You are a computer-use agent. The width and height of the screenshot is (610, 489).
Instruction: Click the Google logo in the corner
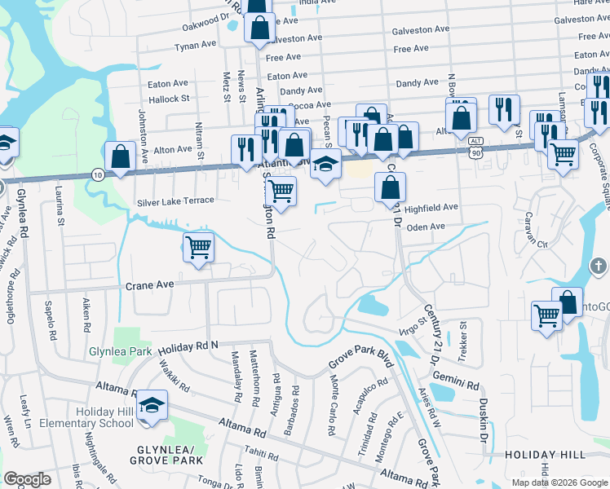[27, 479]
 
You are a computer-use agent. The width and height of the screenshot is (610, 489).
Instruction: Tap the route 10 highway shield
[97, 175]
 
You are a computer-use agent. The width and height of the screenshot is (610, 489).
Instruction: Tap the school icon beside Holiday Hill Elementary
[152, 407]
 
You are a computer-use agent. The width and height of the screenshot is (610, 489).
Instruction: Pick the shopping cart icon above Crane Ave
[199, 247]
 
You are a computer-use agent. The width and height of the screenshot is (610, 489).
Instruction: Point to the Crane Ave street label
[150, 286]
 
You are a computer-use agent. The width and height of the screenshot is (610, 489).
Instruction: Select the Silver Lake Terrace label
[175, 200]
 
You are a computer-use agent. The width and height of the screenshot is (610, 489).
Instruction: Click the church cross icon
[598, 266]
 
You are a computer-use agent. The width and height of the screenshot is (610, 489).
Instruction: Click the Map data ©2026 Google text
[559, 482]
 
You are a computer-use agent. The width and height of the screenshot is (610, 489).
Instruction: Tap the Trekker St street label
[462, 335]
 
